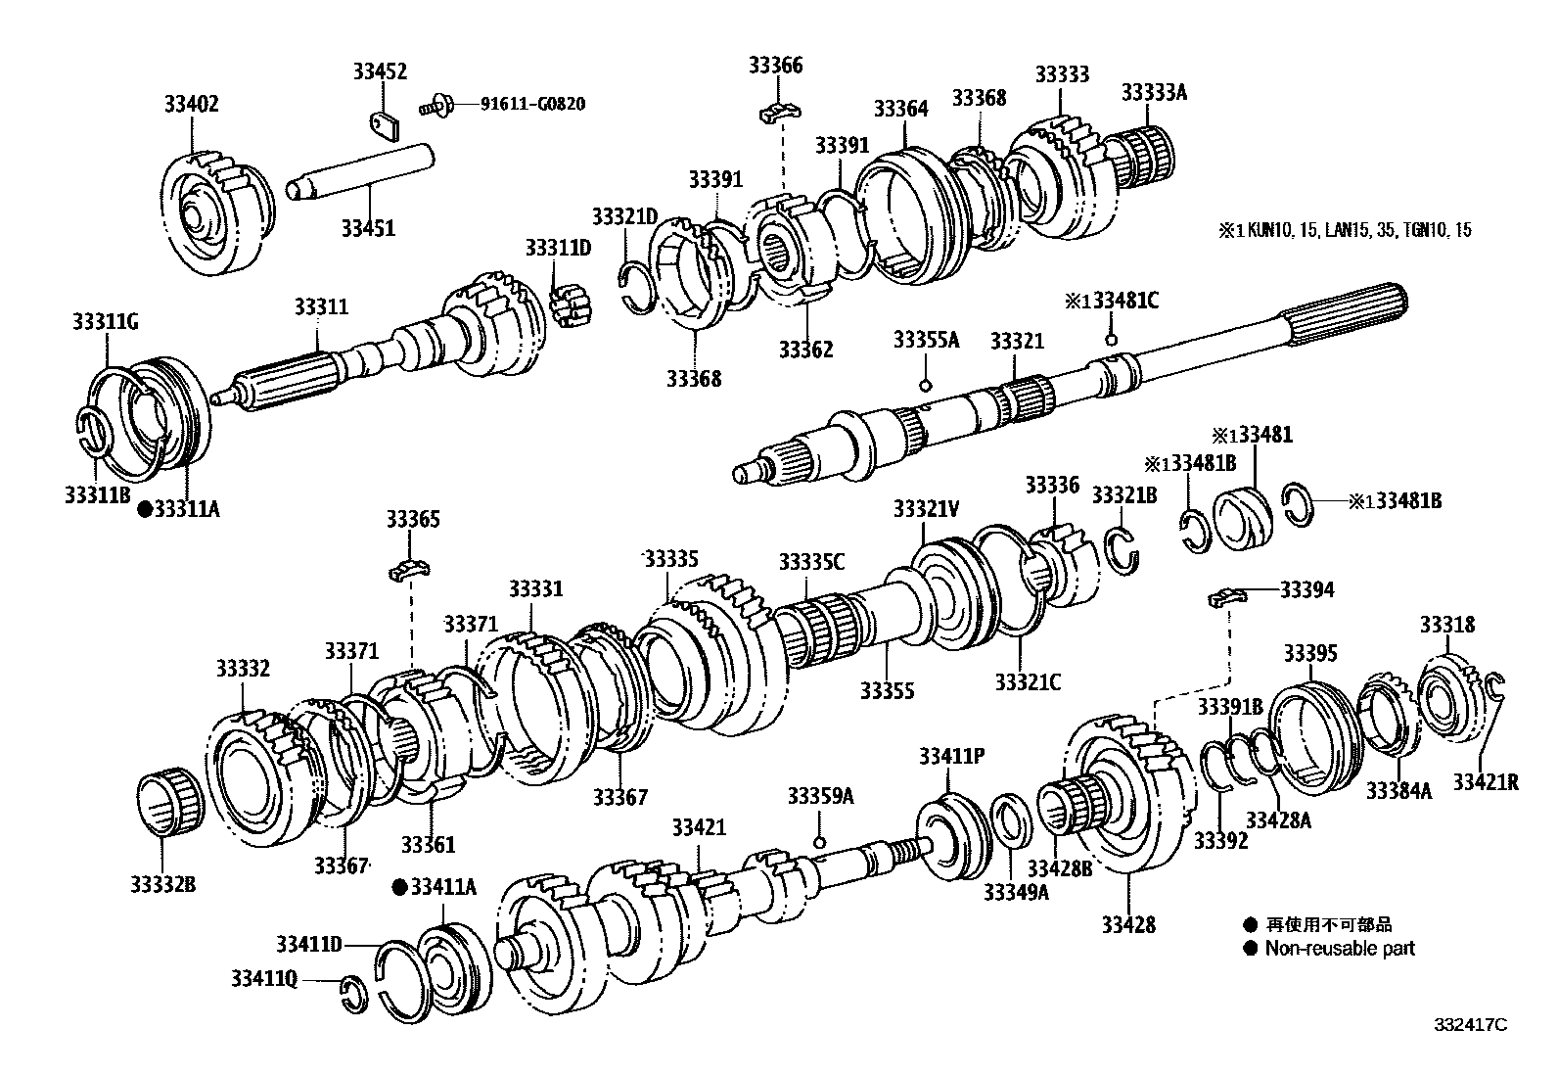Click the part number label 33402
pos(191,104)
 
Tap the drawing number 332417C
pos(1471,1024)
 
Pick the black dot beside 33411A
pos(399,887)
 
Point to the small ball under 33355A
pos(925,383)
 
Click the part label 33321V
pos(926,509)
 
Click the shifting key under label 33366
pos(780,113)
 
